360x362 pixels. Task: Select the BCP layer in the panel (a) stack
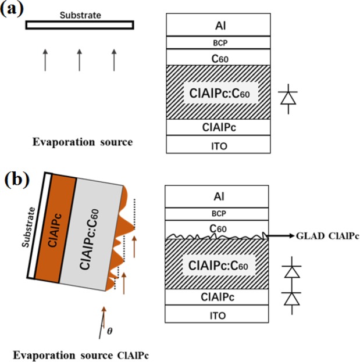click(x=218, y=42)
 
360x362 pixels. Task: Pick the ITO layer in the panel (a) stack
click(x=218, y=144)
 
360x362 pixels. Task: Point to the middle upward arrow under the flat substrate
click(x=80, y=59)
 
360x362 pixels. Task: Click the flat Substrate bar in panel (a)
click(x=80, y=24)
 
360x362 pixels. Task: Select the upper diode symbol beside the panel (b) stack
click(x=291, y=269)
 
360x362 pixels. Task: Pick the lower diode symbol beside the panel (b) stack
click(x=291, y=298)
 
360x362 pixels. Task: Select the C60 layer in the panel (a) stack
click(x=218, y=57)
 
